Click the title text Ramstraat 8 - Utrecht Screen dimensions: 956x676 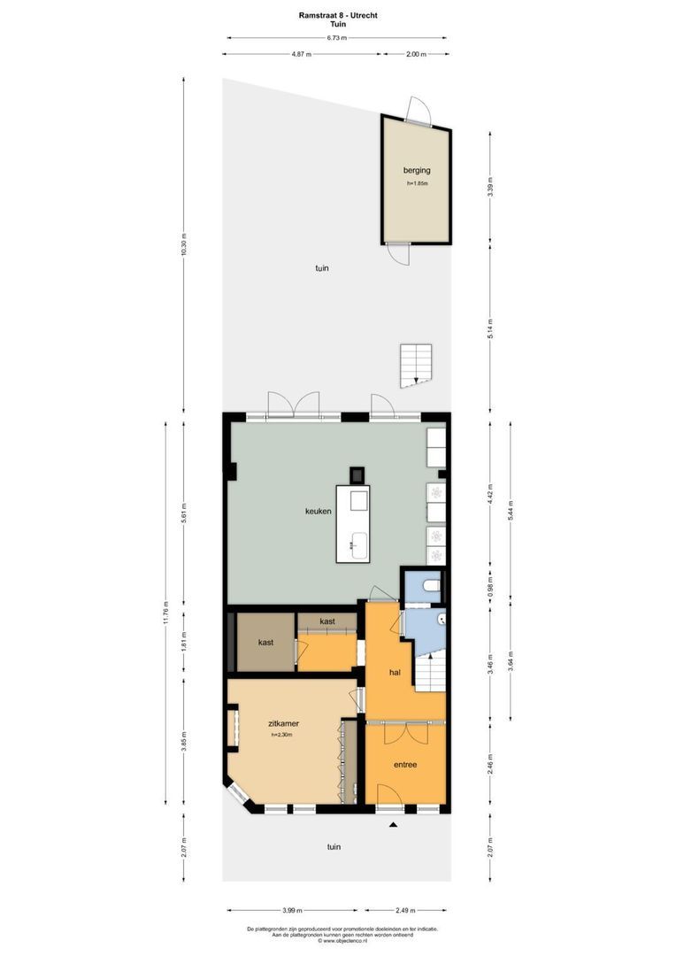point(337,15)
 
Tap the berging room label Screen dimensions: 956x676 point(417,169)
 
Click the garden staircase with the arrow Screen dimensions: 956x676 point(415,365)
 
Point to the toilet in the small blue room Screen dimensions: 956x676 point(430,585)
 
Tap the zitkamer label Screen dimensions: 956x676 point(284,723)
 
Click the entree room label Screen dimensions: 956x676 point(404,764)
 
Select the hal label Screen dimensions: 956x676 point(396,673)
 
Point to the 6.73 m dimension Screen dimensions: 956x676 point(336,38)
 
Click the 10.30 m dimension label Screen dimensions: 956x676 point(184,245)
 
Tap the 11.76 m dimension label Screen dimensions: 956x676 point(165,614)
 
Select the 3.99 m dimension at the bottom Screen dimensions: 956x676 point(292,910)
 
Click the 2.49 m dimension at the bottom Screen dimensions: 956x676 point(405,910)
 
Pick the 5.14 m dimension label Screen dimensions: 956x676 point(490,328)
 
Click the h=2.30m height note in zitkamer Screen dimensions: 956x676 point(282,735)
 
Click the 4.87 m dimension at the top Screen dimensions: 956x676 point(303,54)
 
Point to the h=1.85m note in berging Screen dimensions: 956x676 point(417,183)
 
